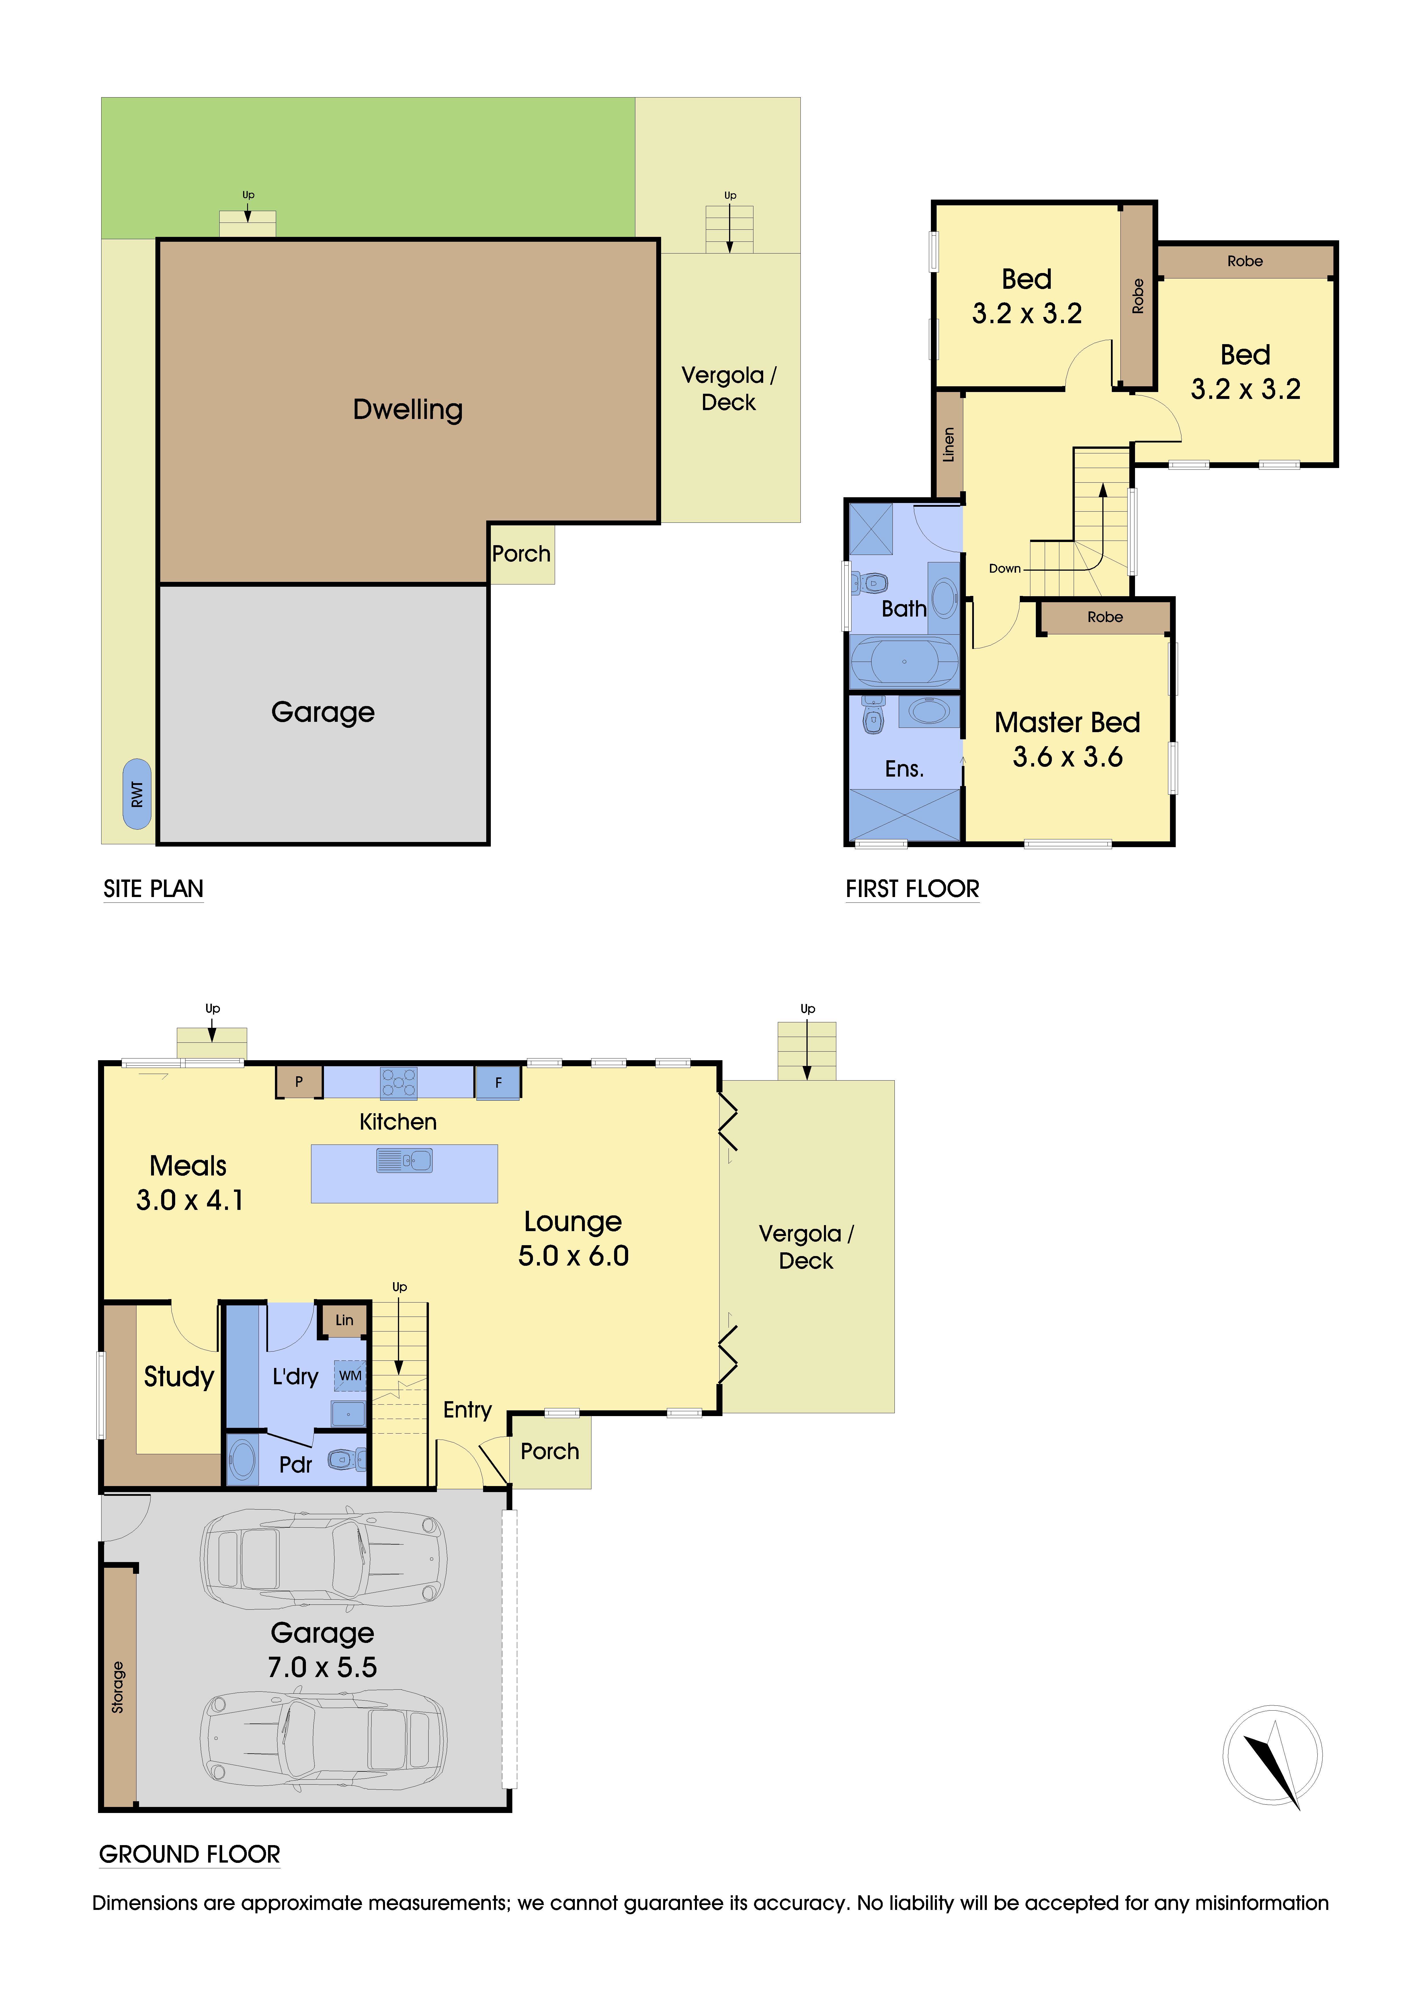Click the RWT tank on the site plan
137,794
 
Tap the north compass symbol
1272,1755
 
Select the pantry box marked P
299,1081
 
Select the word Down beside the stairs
1005,569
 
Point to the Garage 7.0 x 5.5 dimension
323,1667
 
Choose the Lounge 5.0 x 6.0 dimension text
573,1256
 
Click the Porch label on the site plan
521,554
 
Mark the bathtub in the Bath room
904,662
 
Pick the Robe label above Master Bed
1105,617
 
